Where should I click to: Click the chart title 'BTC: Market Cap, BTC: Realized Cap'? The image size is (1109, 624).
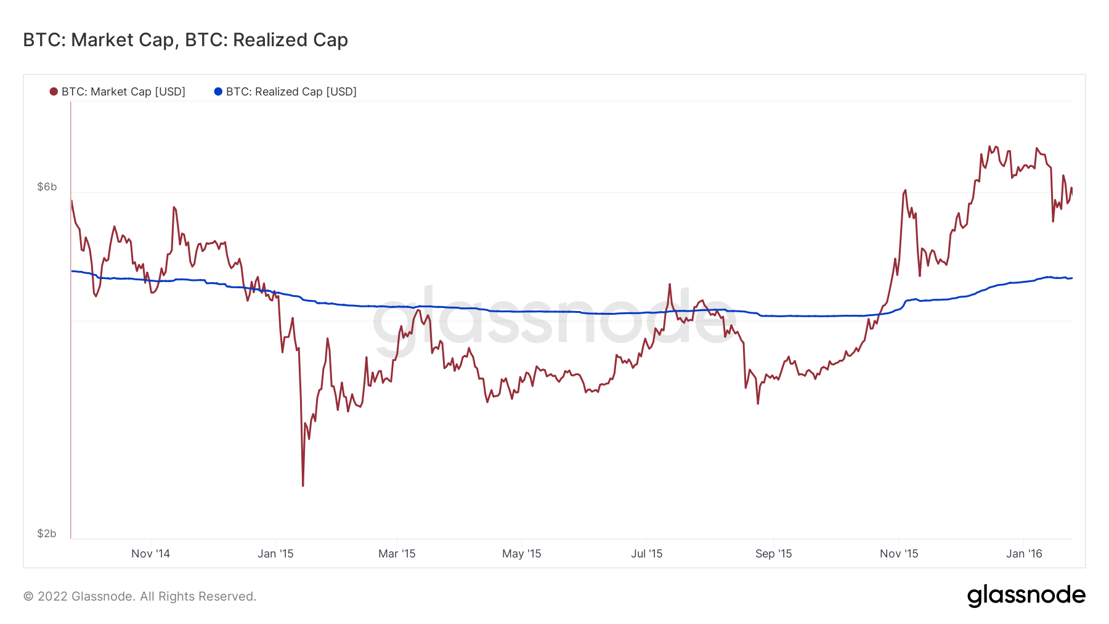point(185,40)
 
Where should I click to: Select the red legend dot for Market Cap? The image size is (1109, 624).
point(54,92)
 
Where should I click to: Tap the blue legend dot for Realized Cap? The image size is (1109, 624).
point(218,92)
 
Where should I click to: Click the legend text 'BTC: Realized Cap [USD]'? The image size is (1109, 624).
point(291,92)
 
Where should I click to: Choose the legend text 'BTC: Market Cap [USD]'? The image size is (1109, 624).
point(123,92)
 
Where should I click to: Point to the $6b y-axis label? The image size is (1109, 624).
point(47,187)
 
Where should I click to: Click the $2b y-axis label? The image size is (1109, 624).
point(47,533)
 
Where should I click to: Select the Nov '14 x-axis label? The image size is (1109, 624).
point(150,554)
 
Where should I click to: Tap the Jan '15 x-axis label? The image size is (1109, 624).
point(275,554)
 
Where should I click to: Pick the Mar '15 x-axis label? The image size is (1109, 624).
point(397,554)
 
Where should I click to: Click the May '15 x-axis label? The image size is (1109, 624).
point(521,554)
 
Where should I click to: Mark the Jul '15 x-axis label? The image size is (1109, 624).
point(646,554)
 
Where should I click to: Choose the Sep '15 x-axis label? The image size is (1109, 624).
point(773,554)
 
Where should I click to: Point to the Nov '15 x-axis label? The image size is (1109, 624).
point(899,554)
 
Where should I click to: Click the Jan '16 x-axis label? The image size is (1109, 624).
point(1024,554)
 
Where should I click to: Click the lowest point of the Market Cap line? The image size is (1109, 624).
point(303,485)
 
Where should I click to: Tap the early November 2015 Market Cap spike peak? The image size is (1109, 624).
point(905,190)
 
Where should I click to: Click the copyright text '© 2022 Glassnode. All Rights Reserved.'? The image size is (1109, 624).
point(140,596)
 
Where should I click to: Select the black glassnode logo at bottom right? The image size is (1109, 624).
point(1026,596)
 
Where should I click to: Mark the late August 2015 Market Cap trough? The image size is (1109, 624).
point(758,403)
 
